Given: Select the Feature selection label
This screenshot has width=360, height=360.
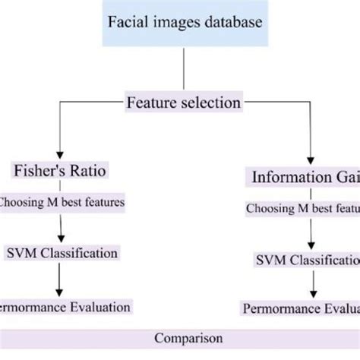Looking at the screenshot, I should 183,101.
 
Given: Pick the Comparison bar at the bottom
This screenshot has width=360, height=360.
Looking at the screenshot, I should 180,337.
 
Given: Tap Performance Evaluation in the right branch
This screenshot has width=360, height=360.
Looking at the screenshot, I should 302,309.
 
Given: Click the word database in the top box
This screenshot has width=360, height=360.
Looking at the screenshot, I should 234,22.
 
